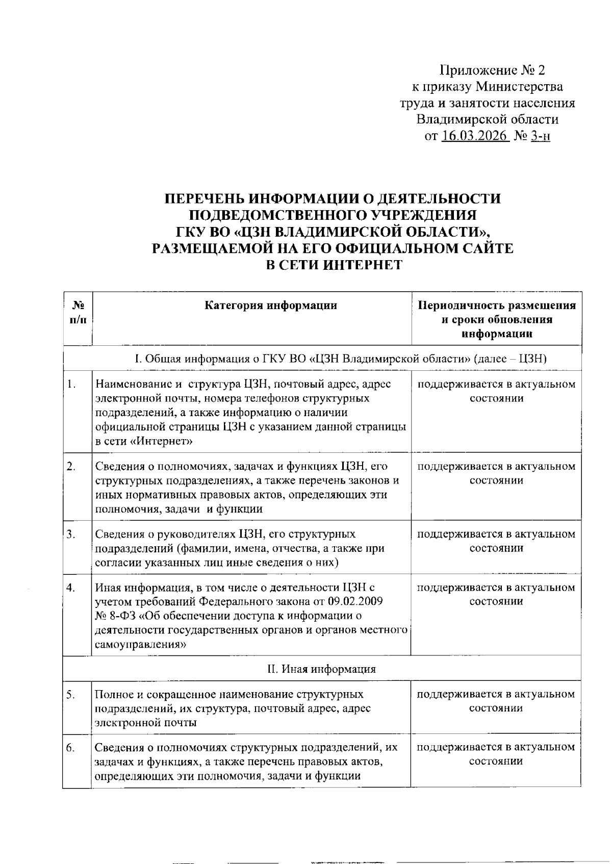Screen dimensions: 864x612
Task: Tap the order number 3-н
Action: pos(540,136)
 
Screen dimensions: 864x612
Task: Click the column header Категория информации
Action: pos(271,306)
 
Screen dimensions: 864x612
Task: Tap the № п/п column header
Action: pos(78,313)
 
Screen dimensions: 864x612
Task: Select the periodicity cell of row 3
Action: pos(496,541)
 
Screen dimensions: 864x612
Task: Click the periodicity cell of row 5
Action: pos(496,701)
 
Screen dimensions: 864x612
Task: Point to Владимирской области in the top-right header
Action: pos(487,119)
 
